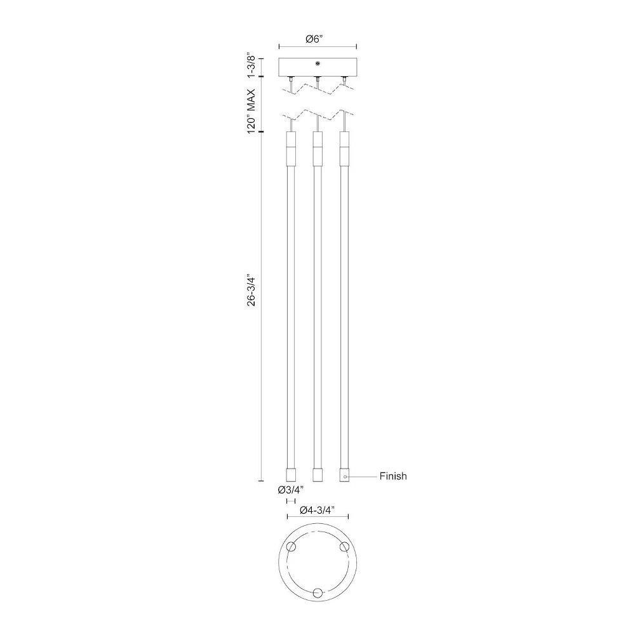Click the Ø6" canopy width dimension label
315,39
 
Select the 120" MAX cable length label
251,110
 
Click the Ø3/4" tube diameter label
290,490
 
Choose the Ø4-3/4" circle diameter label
317,511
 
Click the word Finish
393,476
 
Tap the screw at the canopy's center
318,63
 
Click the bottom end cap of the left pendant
291,474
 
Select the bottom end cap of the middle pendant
318,474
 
